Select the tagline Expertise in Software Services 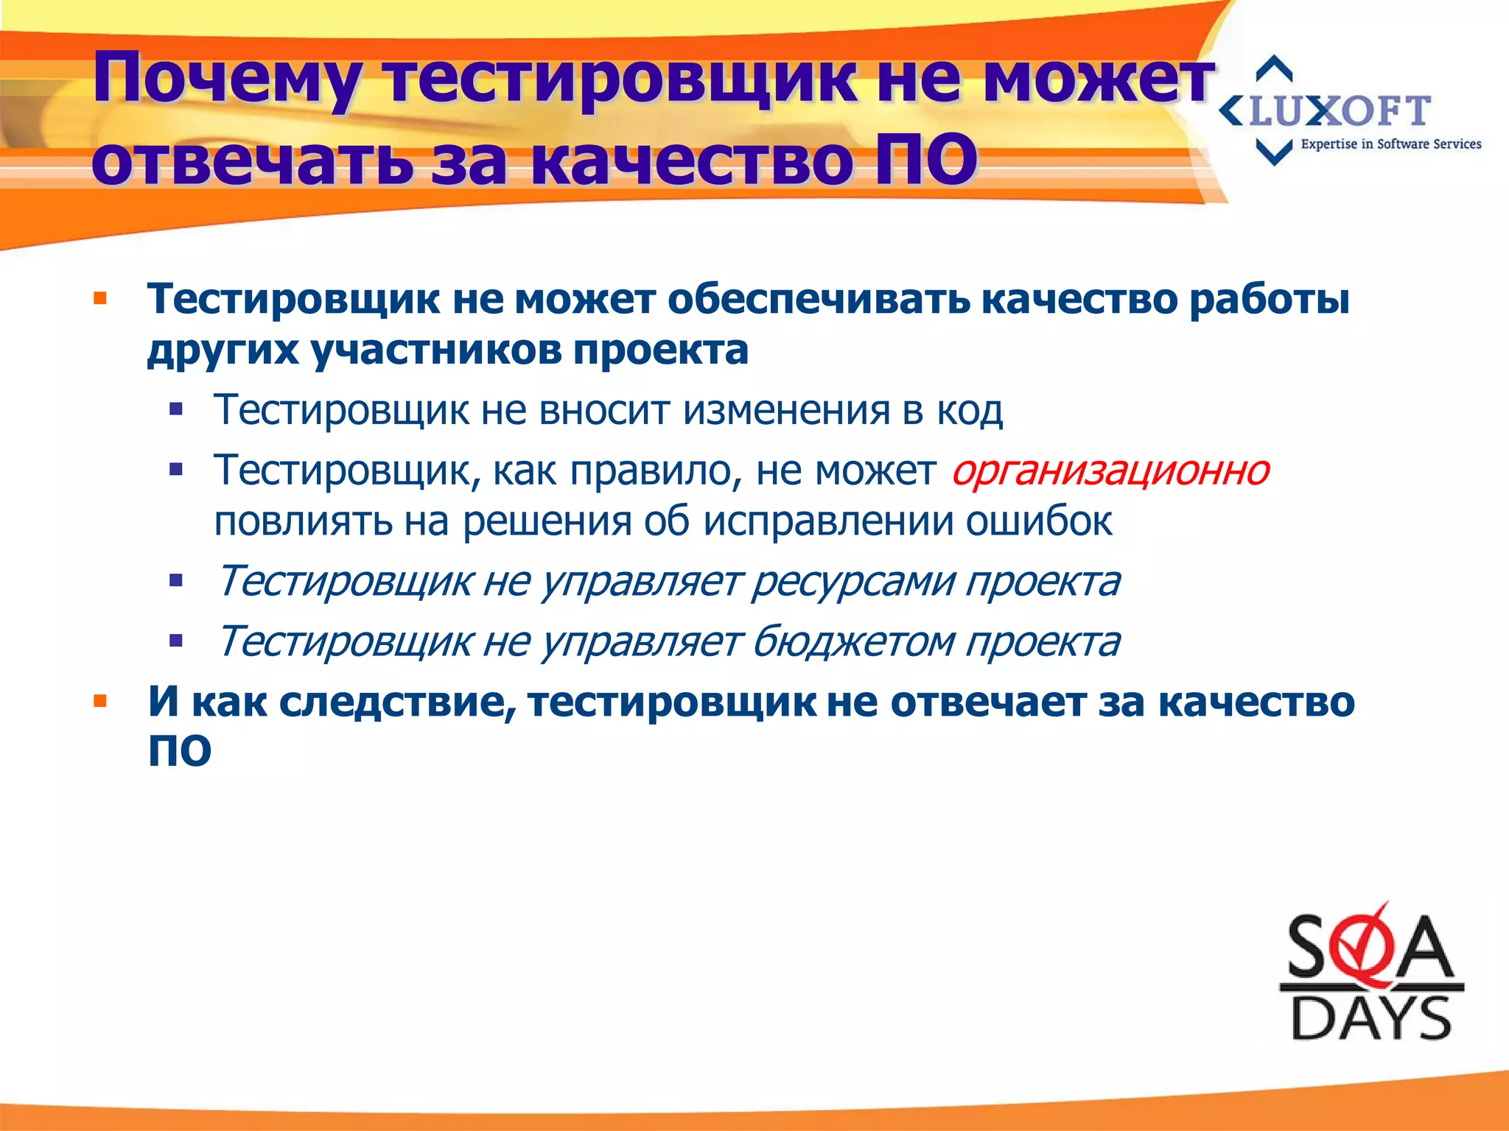coord(1390,144)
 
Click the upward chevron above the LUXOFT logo coord(1274,68)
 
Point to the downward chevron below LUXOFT coord(1274,152)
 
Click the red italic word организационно coord(1110,471)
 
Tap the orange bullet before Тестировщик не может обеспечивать coord(101,300)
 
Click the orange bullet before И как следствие coord(101,701)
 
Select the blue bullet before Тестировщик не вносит coord(175,410)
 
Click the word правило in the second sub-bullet coord(656,471)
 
